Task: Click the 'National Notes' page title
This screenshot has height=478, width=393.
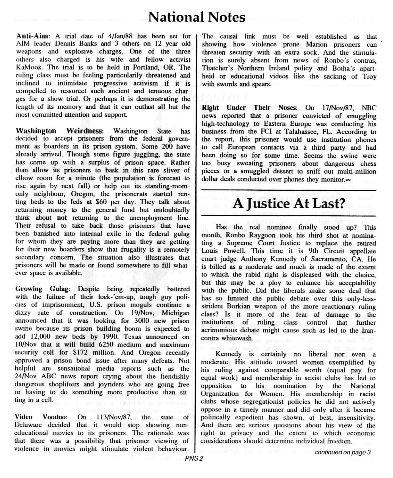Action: click(x=196, y=17)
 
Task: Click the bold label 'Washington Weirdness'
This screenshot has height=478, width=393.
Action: click(x=59, y=131)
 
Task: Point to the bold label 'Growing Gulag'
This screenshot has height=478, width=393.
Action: click(x=42, y=289)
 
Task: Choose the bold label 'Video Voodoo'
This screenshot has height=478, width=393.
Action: click(x=41, y=417)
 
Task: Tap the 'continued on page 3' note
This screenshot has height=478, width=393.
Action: click(x=342, y=452)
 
